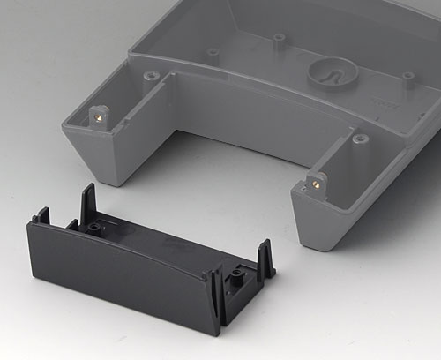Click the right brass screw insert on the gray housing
[311, 185]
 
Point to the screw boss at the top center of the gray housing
[280, 40]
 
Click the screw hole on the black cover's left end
[93, 228]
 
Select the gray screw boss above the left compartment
[152, 77]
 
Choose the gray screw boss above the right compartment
[360, 139]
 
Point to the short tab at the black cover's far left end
[41, 214]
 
